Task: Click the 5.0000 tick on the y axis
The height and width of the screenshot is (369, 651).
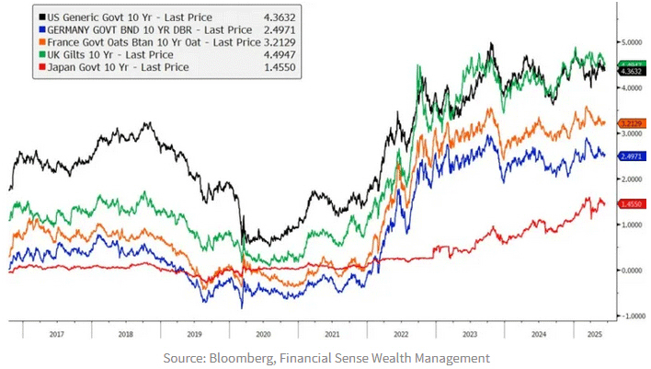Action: coord(630,42)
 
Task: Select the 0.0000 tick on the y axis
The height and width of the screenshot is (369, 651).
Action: coord(630,270)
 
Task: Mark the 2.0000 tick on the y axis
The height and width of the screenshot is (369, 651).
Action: coord(630,179)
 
